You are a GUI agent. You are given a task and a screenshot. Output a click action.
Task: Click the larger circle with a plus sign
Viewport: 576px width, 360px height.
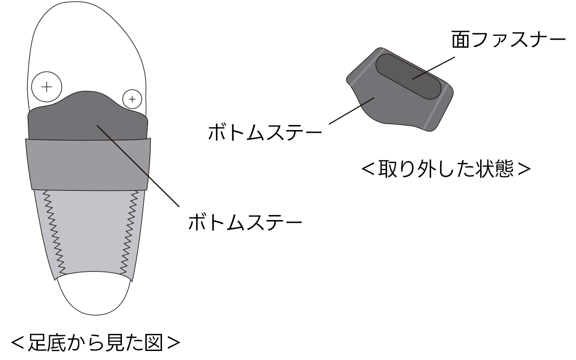point(47,87)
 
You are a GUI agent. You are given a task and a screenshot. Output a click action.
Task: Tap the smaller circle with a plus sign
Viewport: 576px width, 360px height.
point(132,99)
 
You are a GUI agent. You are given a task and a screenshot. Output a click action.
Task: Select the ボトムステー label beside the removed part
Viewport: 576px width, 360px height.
point(265,133)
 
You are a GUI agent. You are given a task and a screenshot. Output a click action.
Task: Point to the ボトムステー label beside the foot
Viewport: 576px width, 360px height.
point(245,222)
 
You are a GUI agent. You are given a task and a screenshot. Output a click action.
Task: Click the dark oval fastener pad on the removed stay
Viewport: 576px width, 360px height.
point(408,76)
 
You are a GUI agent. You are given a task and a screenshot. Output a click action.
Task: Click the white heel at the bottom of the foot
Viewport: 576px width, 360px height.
point(94,295)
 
